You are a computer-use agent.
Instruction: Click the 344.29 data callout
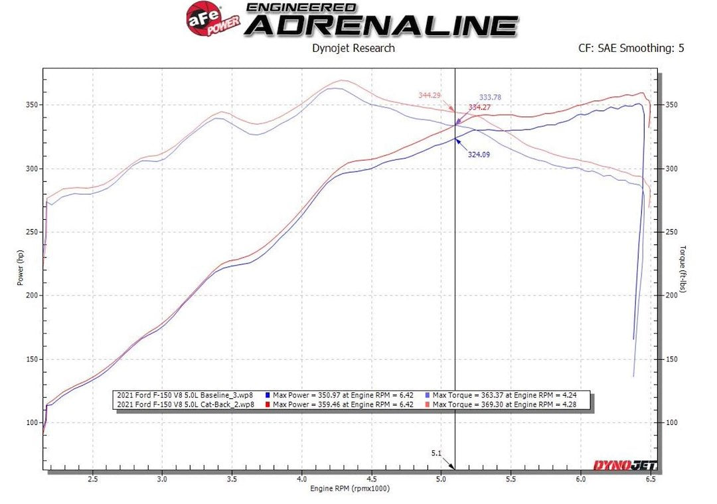tap(430, 96)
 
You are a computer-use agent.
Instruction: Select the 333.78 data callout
tap(490, 98)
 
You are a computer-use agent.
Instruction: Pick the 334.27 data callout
tap(479, 107)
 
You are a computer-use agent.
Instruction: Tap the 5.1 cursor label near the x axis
tap(437, 454)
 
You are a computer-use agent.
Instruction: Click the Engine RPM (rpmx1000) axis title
tap(349, 489)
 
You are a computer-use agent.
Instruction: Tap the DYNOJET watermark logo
tap(620, 465)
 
